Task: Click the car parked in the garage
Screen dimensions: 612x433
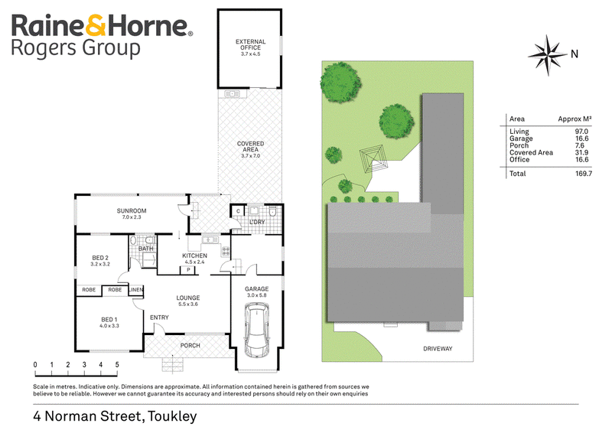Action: (x=257, y=330)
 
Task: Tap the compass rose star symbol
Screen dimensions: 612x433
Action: (x=548, y=55)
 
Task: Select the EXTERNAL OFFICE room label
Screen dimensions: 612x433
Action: (x=251, y=44)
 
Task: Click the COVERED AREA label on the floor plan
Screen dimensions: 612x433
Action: (x=251, y=146)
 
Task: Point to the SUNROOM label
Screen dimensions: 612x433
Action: (x=132, y=211)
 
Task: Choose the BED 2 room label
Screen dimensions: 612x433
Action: (x=100, y=258)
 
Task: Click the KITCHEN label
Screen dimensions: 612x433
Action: (x=195, y=256)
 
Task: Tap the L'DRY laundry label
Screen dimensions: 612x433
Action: (x=257, y=222)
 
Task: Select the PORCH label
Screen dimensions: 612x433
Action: (x=190, y=346)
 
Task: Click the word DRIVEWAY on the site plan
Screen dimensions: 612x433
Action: (x=438, y=349)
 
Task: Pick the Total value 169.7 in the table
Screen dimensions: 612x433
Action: (x=584, y=174)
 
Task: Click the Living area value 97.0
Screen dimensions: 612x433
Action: (x=581, y=132)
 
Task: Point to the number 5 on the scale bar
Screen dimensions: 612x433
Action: (x=117, y=365)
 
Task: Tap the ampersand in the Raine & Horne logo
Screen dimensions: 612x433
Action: (x=95, y=25)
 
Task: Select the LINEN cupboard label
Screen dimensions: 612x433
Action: (x=136, y=290)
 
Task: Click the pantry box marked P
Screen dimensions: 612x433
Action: (x=188, y=270)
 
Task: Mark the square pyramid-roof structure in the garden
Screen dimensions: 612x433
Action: (x=374, y=159)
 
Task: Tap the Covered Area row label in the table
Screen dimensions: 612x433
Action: (x=531, y=153)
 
